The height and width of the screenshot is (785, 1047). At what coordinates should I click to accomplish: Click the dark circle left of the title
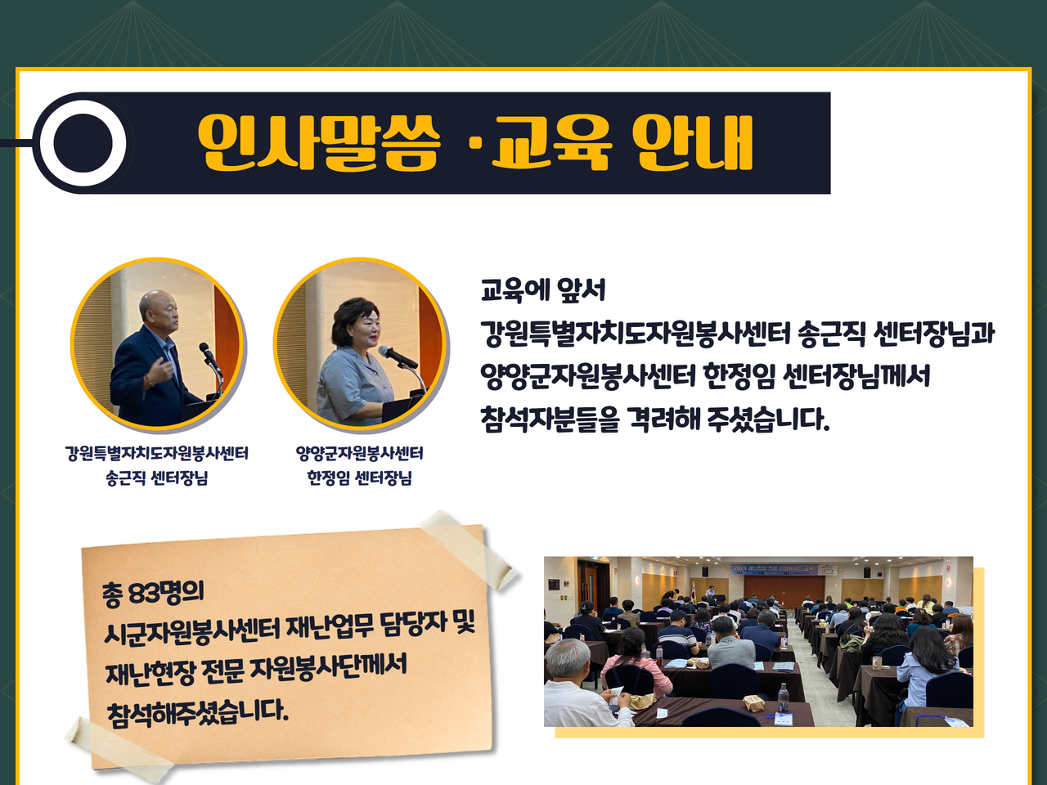tap(83, 143)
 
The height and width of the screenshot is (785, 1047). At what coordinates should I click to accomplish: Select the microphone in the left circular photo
tap(211, 358)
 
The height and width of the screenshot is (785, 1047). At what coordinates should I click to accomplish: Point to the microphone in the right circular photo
tap(397, 357)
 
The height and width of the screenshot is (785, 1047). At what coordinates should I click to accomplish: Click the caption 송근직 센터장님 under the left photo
tap(157, 477)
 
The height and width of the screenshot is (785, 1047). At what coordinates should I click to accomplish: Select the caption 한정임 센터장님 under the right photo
tap(359, 477)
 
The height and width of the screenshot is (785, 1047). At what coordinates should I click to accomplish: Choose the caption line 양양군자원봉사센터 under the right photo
tap(359, 453)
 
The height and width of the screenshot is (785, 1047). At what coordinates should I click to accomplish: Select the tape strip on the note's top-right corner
tap(468, 549)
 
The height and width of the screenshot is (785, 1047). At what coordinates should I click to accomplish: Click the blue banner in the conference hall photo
tap(775, 570)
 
